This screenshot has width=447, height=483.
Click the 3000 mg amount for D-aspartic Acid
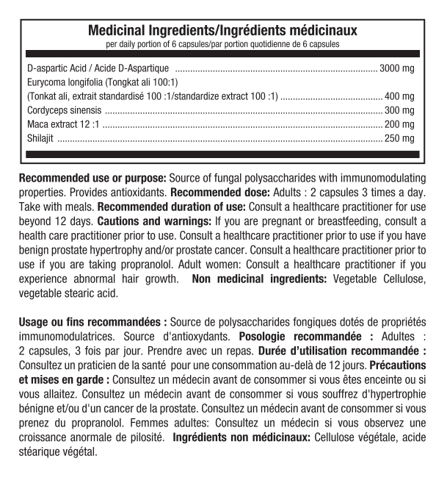pyautogui.click(x=397, y=68)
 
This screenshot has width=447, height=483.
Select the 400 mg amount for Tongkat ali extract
pyautogui.click(x=400, y=96)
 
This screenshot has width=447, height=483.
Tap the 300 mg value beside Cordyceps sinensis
pyautogui.click(x=400, y=110)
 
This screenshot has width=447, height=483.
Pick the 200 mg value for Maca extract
pyautogui.click(x=400, y=123)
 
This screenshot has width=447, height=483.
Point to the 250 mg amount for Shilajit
pyautogui.click(x=400, y=137)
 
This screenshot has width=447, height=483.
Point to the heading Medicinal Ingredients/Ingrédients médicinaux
pyautogui.click(x=222, y=31)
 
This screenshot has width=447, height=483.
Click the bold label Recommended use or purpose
pyautogui.click(x=93, y=178)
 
